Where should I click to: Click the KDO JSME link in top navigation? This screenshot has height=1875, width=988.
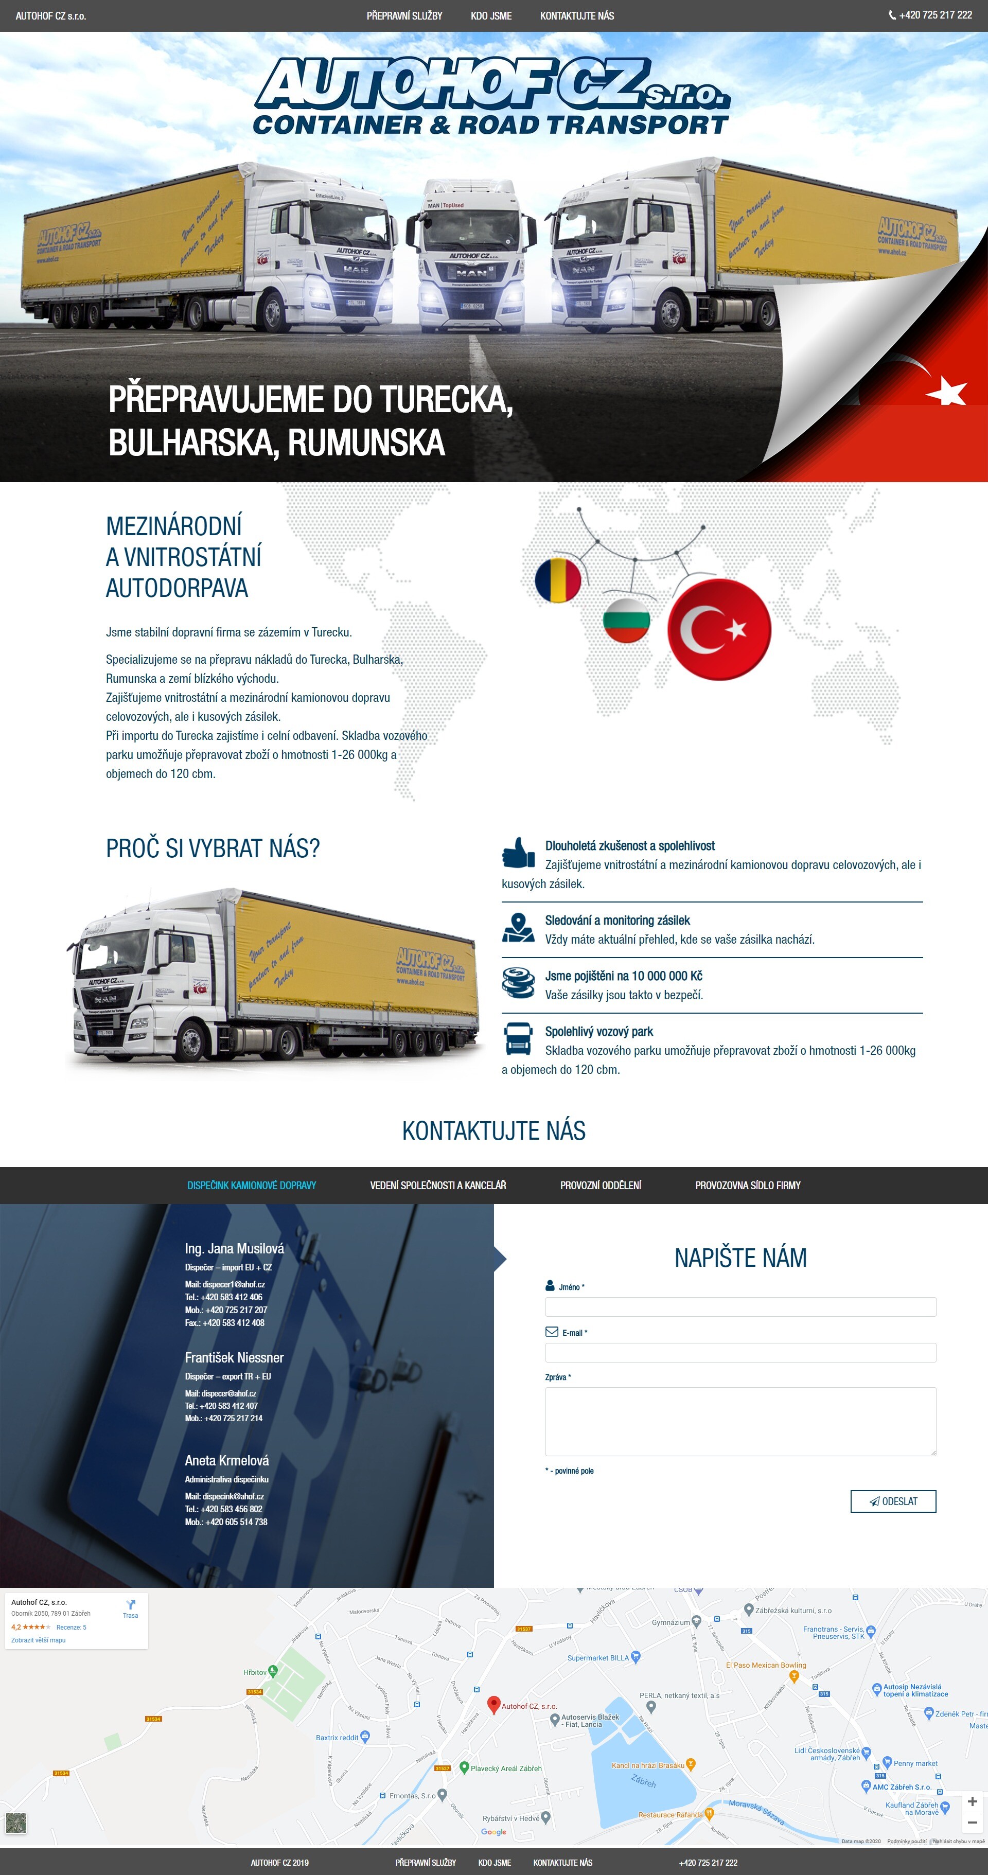(491, 15)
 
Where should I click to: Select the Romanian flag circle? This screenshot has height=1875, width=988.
(558, 580)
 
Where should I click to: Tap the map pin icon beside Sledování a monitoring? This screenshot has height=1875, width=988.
(518, 927)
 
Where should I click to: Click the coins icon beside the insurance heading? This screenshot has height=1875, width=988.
(518, 983)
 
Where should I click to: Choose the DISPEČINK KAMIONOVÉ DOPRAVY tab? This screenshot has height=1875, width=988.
(251, 1186)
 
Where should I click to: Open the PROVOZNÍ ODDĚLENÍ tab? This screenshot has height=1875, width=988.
(601, 1186)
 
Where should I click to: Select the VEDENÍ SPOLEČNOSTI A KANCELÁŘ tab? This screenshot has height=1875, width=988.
(437, 1186)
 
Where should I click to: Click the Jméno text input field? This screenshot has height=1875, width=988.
(740, 1306)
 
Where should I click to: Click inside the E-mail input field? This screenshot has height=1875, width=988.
(740, 1352)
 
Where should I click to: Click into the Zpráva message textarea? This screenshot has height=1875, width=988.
(740, 1421)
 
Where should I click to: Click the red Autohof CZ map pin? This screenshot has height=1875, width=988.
(493, 1703)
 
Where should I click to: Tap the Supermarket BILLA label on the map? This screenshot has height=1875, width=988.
(598, 1658)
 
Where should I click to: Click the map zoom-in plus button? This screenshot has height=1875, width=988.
(972, 1801)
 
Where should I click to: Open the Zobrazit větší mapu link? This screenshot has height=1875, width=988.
(39, 1640)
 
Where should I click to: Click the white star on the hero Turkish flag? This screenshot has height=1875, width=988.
(947, 391)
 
